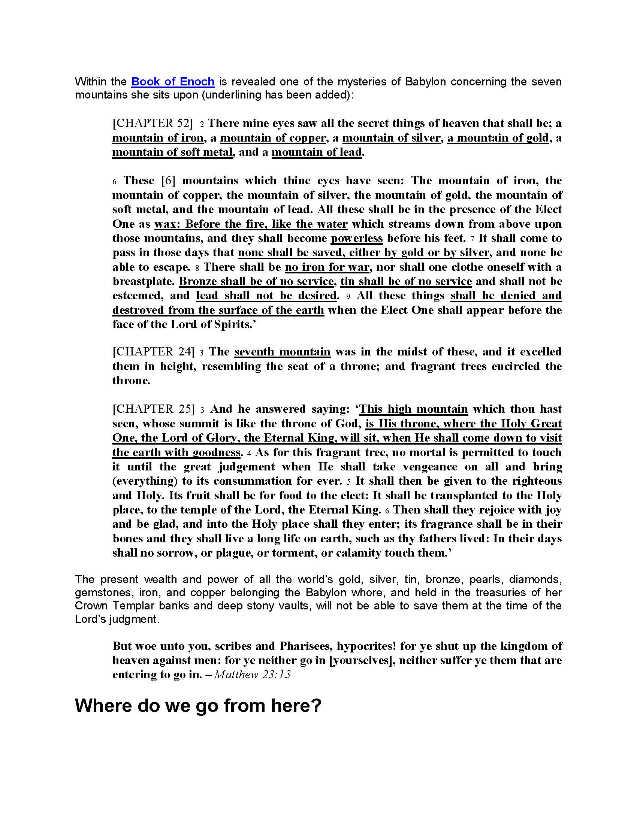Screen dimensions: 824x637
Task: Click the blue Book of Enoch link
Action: click(173, 82)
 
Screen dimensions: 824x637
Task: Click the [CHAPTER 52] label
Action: click(153, 123)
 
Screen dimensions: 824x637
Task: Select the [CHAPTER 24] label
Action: click(153, 352)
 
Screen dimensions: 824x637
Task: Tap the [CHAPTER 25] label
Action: click(153, 409)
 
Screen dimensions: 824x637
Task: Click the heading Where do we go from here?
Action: click(198, 705)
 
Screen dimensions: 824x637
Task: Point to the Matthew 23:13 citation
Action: click(252, 674)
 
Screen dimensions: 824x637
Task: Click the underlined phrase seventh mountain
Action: click(282, 352)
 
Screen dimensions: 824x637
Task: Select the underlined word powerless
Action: click(357, 239)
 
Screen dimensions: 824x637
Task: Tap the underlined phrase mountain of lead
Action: click(317, 152)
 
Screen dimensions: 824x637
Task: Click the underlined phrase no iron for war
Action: click(327, 267)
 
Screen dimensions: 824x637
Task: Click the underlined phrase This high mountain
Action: click(414, 409)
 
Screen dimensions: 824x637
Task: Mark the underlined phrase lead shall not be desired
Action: click(266, 296)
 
